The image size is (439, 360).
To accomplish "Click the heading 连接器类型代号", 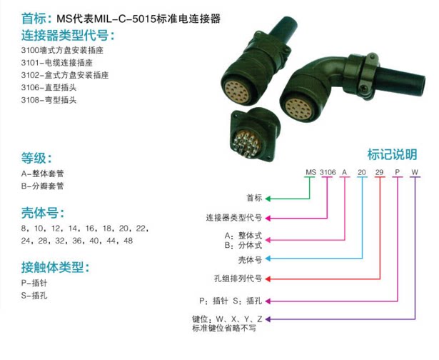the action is click(67, 36).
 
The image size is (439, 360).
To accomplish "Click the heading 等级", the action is click(36, 159).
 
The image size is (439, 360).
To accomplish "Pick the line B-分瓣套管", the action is click(43, 186).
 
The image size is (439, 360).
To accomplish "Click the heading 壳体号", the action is click(43, 213).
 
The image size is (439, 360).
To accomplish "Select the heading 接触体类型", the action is click(54, 268).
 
